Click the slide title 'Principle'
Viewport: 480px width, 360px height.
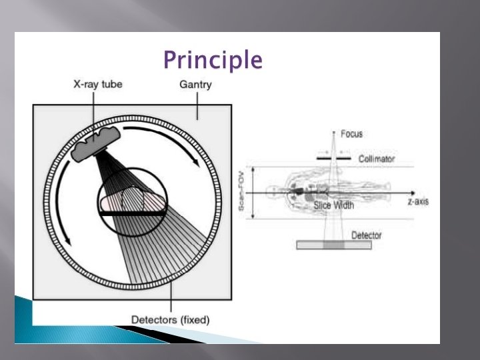(213, 61)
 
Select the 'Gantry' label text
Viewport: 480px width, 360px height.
(196, 85)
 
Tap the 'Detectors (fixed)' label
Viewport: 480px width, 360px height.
(170, 319)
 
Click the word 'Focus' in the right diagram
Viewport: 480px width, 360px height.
(351, 134)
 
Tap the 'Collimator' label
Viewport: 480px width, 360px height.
(377, 159)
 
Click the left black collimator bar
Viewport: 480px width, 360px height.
(323, 159)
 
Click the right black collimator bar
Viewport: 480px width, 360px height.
(344, 159)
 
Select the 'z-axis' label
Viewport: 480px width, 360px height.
(418, 201)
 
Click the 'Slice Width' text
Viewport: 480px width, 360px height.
(334, 206)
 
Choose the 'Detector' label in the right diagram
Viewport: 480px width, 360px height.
(367, 235)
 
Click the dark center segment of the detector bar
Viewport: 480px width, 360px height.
(334, 245)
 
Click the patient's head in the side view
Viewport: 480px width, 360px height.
(272, 191)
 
